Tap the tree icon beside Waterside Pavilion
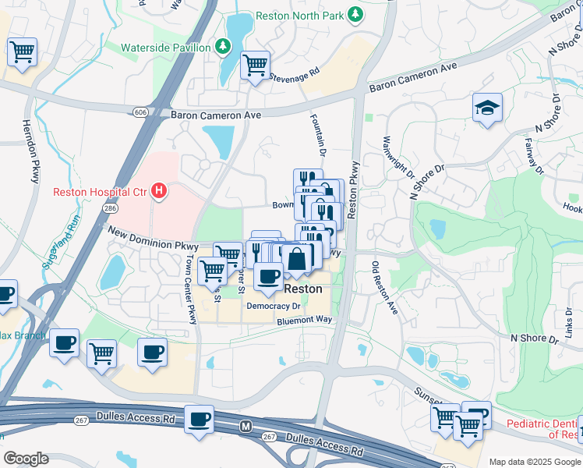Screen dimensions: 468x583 [x=223, y=47]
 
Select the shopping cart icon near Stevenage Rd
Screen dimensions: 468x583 [x=255, y=66]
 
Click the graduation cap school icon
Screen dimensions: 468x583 [x=487, y=107]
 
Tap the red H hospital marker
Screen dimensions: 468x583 [x=159, y=191]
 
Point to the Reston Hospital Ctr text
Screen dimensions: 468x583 [x=101, y=192]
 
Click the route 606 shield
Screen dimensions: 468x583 [x=140, y=112]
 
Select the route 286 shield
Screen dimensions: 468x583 [x=111, y=209]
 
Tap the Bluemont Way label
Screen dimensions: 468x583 [x=303, y=321]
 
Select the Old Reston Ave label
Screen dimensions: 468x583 [x=386, y=288]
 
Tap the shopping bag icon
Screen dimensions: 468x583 [x=297, y=259]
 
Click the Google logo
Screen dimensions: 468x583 [x=26, y=459]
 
